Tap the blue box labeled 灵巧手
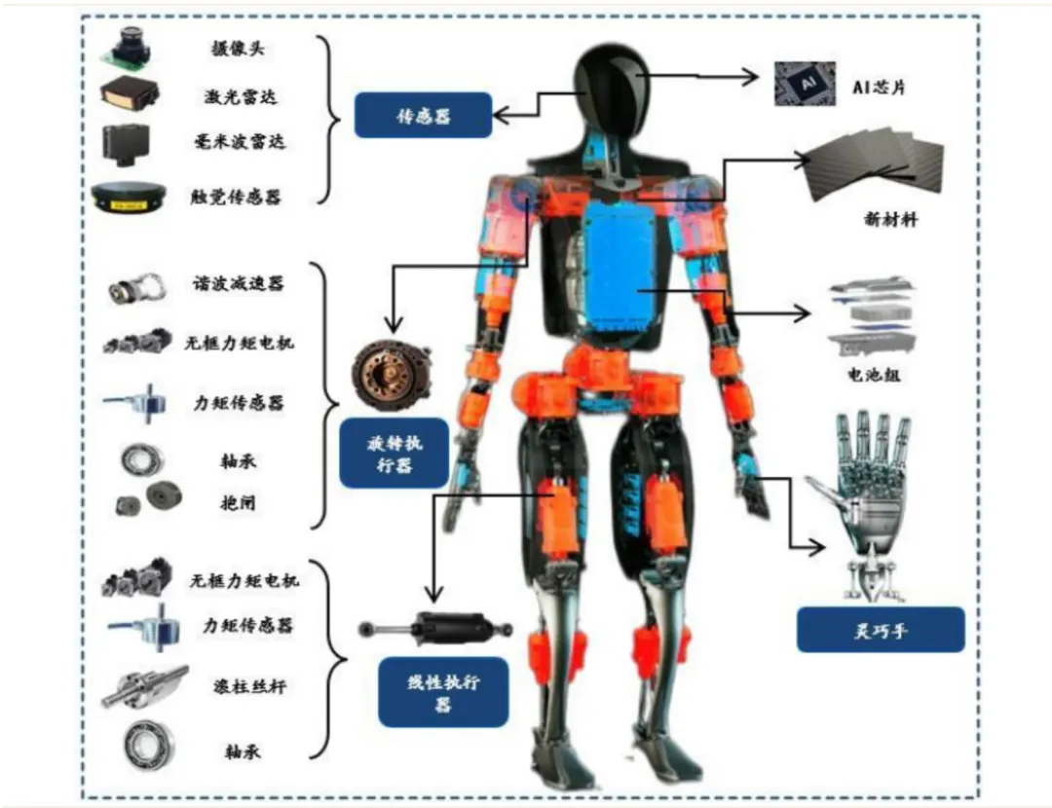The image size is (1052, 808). [880, 629]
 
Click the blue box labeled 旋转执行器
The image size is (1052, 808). [393, 454]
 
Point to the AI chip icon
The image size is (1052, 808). [805, 84]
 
